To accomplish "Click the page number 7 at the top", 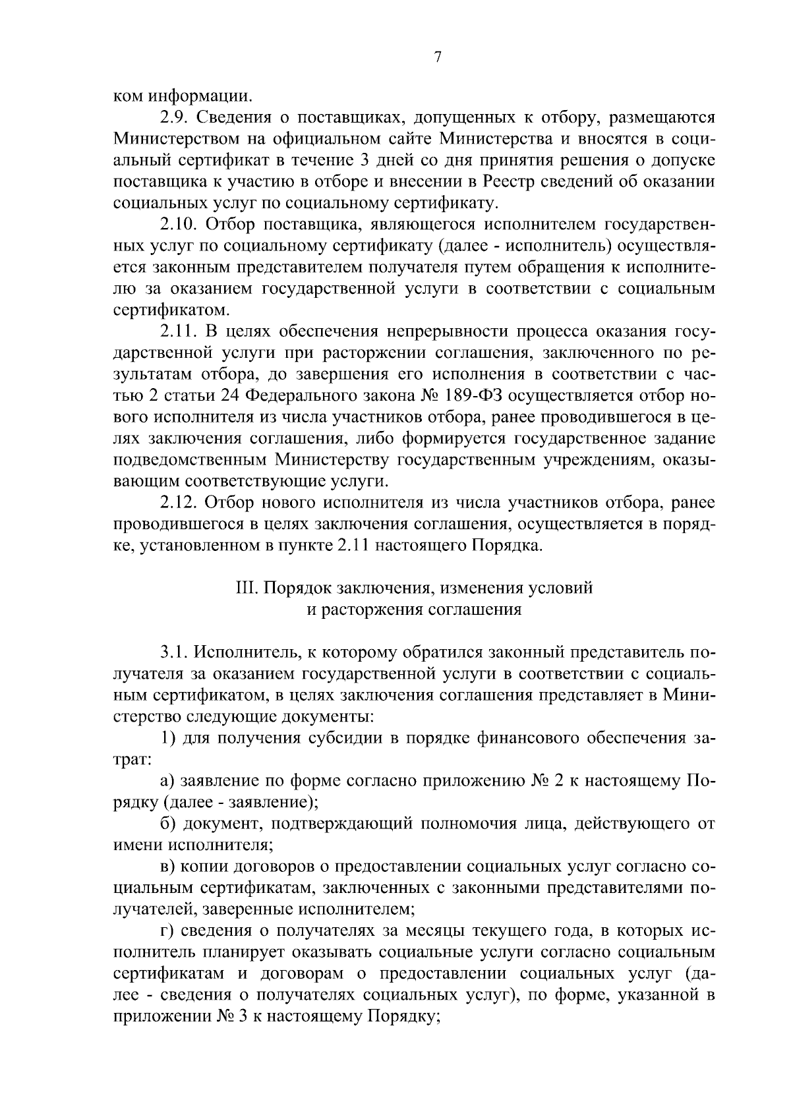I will (437, 57).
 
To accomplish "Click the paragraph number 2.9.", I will (173, 118).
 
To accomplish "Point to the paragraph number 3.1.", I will (173, 652).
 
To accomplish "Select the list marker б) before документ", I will (169, 824).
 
